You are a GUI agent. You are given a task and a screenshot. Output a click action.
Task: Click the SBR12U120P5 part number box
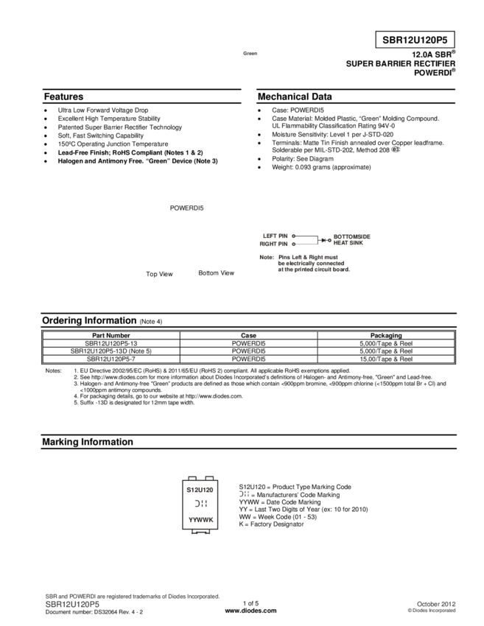pos(415,41)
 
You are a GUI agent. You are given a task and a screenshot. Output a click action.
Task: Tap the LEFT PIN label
pos(275,236)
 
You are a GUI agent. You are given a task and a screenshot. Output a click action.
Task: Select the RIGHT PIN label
pos(273,243)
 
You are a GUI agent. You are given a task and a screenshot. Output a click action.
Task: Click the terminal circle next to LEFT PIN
pos(293,236)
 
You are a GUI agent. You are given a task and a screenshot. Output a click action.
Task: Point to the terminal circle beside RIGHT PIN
pos(293,243)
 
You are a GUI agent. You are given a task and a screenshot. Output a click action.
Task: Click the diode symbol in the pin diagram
pos(324,239)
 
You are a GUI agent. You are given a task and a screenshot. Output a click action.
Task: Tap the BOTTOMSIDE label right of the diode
pos(352,236)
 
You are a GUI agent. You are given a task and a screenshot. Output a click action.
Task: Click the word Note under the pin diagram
pos(266,257)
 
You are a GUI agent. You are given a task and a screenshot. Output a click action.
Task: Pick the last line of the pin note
pos(313,270)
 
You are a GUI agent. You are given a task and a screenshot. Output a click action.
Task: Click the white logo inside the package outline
pos(200,504)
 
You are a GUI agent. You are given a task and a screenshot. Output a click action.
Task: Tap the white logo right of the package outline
pos(243,493)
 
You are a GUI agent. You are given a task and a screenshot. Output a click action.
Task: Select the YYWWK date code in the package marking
pos(200,519)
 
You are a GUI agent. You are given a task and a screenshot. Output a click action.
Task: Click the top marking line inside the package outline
pos(200,489)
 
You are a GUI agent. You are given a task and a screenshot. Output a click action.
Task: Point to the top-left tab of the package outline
pos(192,477)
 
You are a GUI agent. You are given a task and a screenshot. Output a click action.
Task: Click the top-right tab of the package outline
pos(208,477)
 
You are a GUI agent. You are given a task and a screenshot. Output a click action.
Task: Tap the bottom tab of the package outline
pos(200,532)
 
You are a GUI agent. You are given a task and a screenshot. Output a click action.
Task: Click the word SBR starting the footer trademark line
pos(51,595)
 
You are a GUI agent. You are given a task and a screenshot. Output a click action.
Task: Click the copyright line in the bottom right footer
pos(432,611)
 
